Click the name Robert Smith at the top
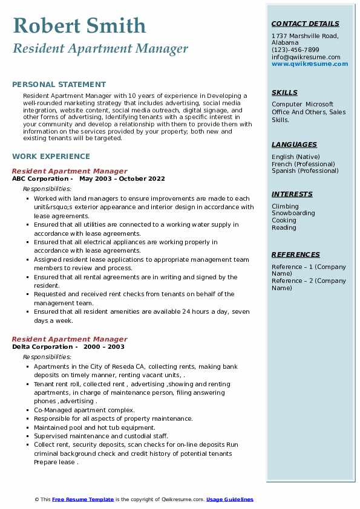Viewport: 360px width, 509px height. click(79, 25)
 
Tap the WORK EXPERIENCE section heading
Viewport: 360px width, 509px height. click(51, 155)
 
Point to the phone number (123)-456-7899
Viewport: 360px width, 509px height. click(295, 50)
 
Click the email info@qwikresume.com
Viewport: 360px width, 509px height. click(306, 57)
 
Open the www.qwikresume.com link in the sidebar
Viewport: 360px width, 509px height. click(310, 63)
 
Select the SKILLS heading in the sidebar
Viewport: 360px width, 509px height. click(284, 92)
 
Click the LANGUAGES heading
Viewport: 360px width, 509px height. click(294, 144)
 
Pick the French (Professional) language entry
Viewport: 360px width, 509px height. click(303, 164)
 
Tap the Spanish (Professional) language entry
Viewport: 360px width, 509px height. click(305, 170)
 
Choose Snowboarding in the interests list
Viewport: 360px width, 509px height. click(293, 213)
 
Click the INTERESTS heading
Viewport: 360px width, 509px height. click(292, 194)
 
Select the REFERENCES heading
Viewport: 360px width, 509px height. click(296, 254)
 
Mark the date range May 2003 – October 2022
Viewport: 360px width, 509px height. click(122, 179)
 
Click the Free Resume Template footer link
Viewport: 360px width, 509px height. click(83, 499)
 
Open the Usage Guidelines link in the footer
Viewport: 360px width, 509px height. click(230, 499)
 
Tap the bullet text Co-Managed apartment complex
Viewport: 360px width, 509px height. click(84, 410)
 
